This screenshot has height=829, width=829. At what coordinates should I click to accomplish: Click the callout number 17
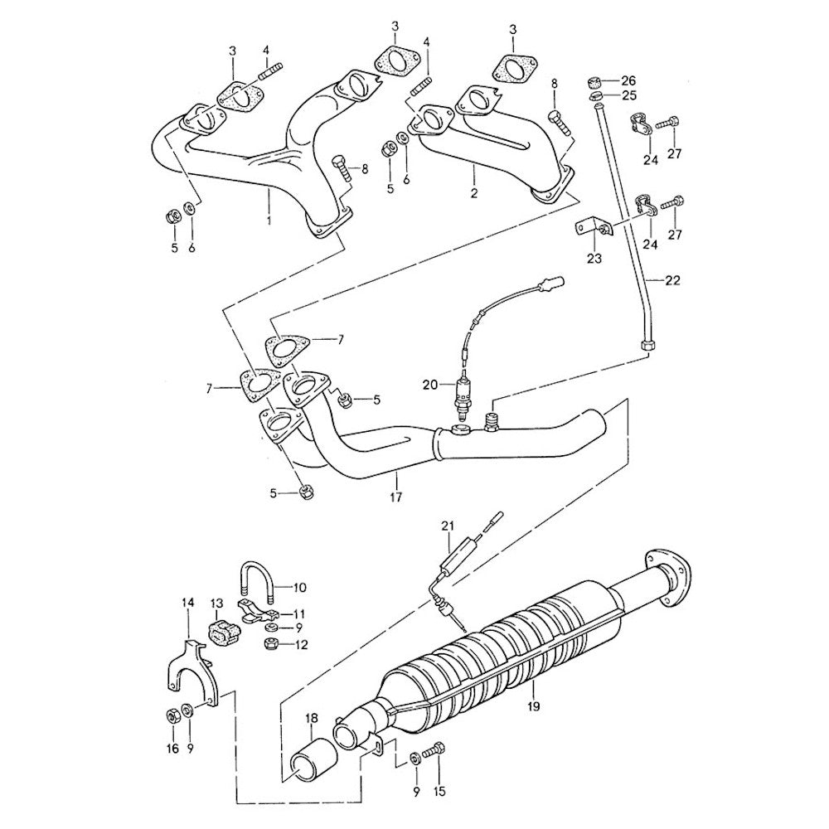[x=395, y=497]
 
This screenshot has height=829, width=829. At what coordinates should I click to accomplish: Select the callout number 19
[x=533, y=706]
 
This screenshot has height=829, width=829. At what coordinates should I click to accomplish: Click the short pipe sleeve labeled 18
[x=313, y=761]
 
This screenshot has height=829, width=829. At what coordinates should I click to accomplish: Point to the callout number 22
[x=671, y=280]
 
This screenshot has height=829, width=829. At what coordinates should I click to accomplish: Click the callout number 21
[x=448, y=526]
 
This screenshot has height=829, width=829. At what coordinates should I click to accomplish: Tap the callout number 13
[x=216, y=604]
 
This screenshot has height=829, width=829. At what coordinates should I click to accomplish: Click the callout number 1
[x=269, y=221]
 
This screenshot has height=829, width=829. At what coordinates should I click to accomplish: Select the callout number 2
[x=474, y=194]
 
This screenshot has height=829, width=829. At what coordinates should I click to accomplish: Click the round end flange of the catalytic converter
[x=663, y=570]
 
